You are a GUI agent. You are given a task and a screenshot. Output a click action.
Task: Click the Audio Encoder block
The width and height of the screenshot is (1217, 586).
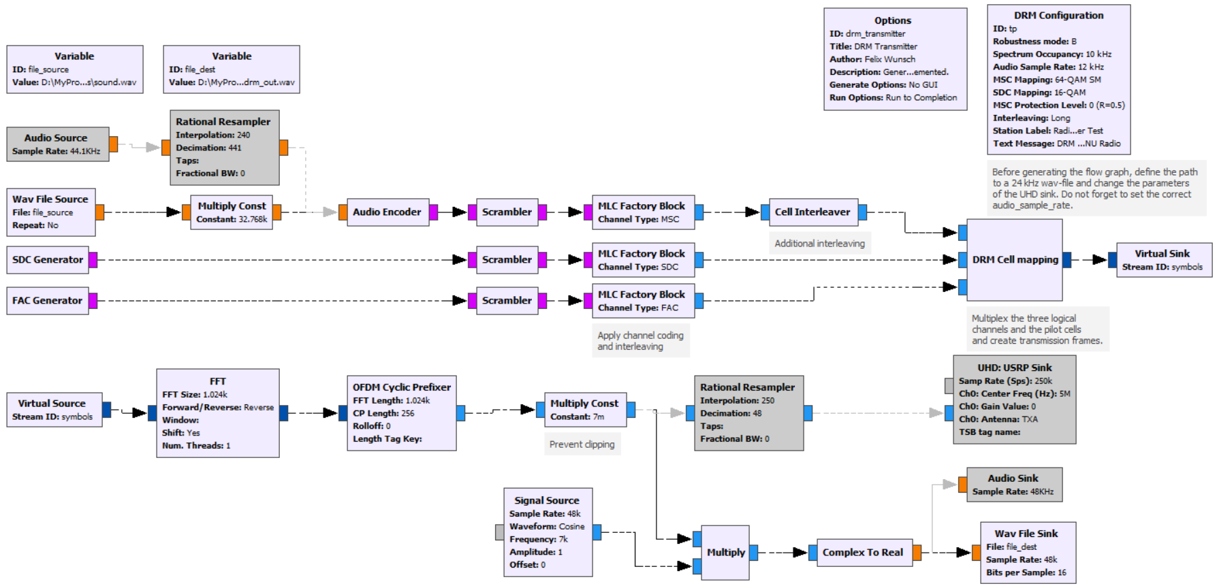click(387, 212)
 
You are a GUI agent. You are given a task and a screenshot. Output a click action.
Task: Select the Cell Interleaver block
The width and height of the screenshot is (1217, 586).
click(812, 212)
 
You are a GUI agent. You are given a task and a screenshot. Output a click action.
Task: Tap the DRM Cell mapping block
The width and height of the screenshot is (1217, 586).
click(1014, 259)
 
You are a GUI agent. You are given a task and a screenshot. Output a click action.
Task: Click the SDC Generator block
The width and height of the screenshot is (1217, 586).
click(47, 259)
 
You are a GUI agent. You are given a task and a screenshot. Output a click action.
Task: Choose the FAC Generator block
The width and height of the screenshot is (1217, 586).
click(47, 300)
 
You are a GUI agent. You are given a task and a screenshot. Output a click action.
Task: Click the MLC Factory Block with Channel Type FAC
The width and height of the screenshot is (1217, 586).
click(642, 300)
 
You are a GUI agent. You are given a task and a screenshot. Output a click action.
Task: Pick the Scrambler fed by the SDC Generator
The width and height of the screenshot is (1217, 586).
click(507, 259)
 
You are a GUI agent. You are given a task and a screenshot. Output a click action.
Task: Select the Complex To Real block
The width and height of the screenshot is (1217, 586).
click(862, 552)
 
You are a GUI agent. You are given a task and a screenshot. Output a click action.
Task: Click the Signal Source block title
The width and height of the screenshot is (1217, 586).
click(547, 500)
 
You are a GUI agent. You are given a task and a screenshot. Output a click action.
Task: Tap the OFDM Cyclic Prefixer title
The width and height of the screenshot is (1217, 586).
click(402, 387)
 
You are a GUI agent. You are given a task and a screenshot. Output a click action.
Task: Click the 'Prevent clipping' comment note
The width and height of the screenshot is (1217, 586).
click(582, 444)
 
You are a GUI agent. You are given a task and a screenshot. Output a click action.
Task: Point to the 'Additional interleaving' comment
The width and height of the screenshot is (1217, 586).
click(819, 243)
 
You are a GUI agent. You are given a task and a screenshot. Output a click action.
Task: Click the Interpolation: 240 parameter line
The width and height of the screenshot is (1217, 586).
click(213, 135)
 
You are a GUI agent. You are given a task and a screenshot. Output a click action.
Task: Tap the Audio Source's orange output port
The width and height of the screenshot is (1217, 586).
click(114, 144)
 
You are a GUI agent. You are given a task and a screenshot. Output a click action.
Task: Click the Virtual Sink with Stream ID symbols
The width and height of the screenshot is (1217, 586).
click(1163, 259)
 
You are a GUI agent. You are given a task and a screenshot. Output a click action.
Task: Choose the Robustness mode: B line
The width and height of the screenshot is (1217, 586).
click(1034, 42)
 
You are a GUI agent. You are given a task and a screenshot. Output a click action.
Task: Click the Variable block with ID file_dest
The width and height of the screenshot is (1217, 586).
click(232, 69)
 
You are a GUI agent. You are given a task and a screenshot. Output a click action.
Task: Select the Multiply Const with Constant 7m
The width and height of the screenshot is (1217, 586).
click(584, 409)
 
